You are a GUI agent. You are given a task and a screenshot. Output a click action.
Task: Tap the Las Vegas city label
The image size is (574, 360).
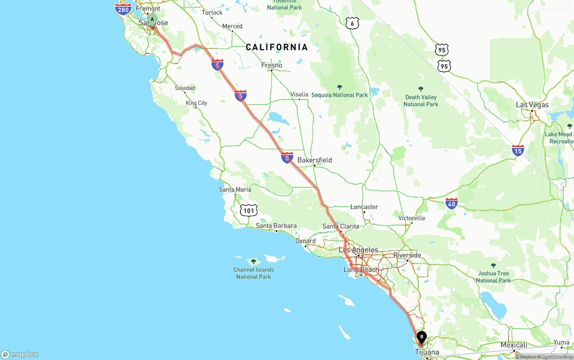532,104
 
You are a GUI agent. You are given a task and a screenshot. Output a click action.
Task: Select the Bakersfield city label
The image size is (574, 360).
315,160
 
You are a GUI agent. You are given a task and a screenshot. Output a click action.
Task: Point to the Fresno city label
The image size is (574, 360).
272,65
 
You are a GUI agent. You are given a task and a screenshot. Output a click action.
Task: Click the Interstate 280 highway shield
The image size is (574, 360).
123,9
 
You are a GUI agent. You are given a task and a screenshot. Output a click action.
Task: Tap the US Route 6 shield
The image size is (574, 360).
352,23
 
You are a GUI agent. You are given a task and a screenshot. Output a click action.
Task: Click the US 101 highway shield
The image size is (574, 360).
248,210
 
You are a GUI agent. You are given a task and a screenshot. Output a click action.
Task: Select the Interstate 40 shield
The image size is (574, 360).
452,204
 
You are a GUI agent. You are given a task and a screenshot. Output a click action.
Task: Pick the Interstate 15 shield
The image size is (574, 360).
518,151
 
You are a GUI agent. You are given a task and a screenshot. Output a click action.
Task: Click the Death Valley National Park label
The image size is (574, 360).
421,100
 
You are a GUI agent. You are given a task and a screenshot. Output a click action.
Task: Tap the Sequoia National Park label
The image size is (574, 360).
339,95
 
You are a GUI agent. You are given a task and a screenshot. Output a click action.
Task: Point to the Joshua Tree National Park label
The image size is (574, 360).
493,277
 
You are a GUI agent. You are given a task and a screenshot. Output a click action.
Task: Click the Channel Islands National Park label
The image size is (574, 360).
253,273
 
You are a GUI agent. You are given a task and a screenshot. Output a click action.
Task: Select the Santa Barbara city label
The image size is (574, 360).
276,226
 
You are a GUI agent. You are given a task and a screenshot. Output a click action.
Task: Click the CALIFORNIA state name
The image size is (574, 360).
277,47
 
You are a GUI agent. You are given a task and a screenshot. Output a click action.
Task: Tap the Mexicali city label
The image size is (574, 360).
514,345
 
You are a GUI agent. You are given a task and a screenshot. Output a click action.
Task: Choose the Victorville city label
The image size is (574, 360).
412,218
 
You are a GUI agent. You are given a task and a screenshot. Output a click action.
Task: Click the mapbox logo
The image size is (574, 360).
20,354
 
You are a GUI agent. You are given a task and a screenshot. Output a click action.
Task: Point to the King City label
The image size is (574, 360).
196,103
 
